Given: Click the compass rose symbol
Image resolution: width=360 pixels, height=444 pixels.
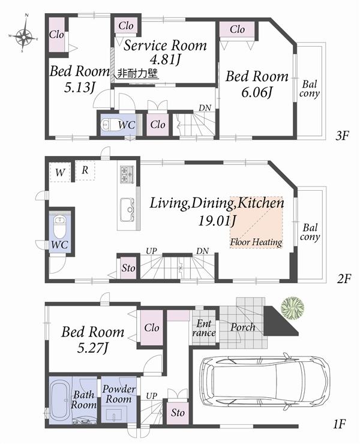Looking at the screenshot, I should (x=25, y=37).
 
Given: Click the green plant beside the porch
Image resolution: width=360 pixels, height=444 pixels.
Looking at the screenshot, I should (x=292, y=307).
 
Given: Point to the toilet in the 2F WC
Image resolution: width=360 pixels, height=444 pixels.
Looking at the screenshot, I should (x=60, y=227).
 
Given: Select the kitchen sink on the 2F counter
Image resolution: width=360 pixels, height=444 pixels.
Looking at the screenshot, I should (x=128, y=208).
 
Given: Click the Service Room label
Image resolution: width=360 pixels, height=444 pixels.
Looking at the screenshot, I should (x=165, y=46).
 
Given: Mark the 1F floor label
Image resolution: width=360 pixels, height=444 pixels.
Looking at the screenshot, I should (x=340, y=425).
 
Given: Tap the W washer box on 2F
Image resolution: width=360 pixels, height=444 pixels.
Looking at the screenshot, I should (x=60, y=172).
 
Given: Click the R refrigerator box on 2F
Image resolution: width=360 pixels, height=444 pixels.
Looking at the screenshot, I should (x=85, y=170).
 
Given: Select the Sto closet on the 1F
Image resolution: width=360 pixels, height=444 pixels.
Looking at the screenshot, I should (x=177, y=413).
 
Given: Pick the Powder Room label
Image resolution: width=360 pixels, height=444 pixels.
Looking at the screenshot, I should (x=118, y=394).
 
